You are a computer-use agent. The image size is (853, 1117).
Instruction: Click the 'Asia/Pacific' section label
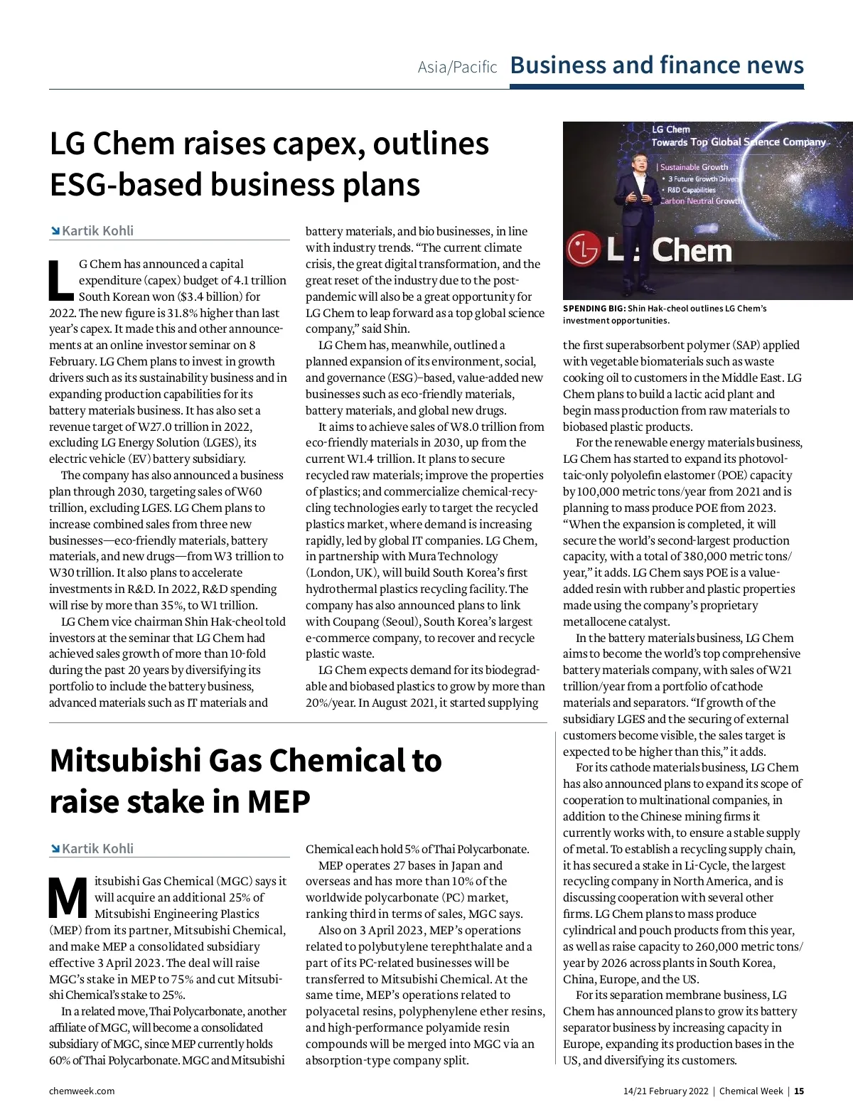457,67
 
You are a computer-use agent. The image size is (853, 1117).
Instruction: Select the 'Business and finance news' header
657,65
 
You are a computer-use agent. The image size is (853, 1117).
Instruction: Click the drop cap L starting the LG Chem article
61,280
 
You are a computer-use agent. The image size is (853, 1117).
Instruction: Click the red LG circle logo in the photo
584,250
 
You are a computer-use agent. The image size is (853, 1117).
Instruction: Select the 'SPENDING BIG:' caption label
594,309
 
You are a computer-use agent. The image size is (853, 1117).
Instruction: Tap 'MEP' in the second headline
278,801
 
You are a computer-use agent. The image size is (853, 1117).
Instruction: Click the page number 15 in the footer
799,1091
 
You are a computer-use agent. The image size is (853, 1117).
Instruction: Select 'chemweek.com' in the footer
82,1091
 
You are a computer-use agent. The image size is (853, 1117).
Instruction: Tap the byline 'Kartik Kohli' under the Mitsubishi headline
97,848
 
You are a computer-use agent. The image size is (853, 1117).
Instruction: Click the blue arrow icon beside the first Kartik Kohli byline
55,231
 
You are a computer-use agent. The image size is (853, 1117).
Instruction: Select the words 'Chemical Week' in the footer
751,1091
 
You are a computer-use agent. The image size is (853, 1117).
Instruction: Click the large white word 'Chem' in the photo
691,250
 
